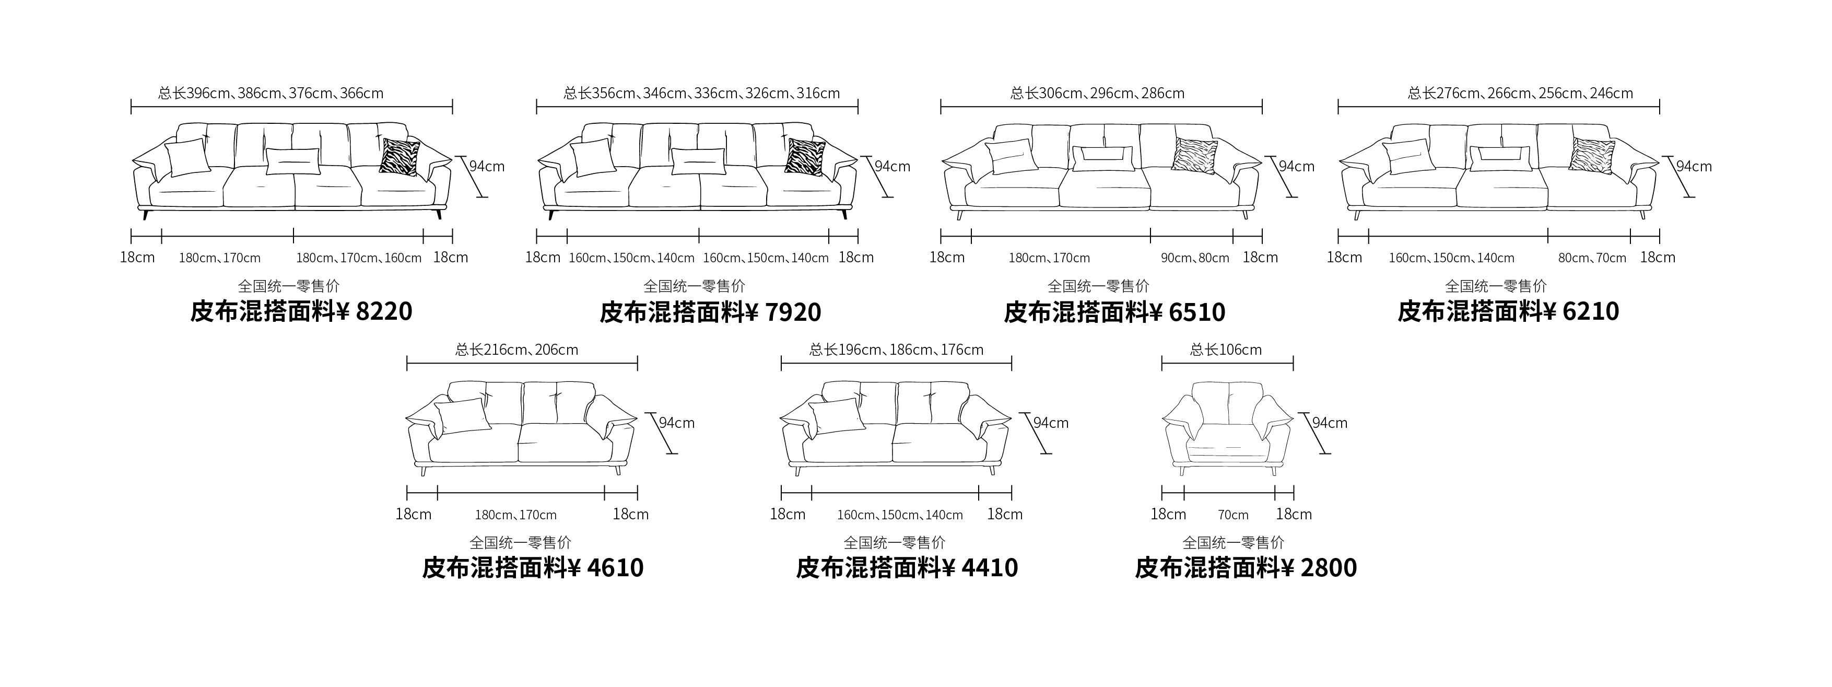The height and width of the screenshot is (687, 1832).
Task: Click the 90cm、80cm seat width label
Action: click(x=1195, y=258)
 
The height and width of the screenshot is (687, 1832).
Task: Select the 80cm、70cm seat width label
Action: click(x=1592, y=258)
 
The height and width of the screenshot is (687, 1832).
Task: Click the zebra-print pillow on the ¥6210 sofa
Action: click(x=1592, y=155)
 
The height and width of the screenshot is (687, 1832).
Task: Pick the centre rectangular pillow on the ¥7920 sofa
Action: click(x=698, y=161)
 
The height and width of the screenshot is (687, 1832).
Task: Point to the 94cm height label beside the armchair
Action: click(x=1329, y=423)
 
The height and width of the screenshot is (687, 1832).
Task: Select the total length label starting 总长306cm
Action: click(x=1097, y=93)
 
